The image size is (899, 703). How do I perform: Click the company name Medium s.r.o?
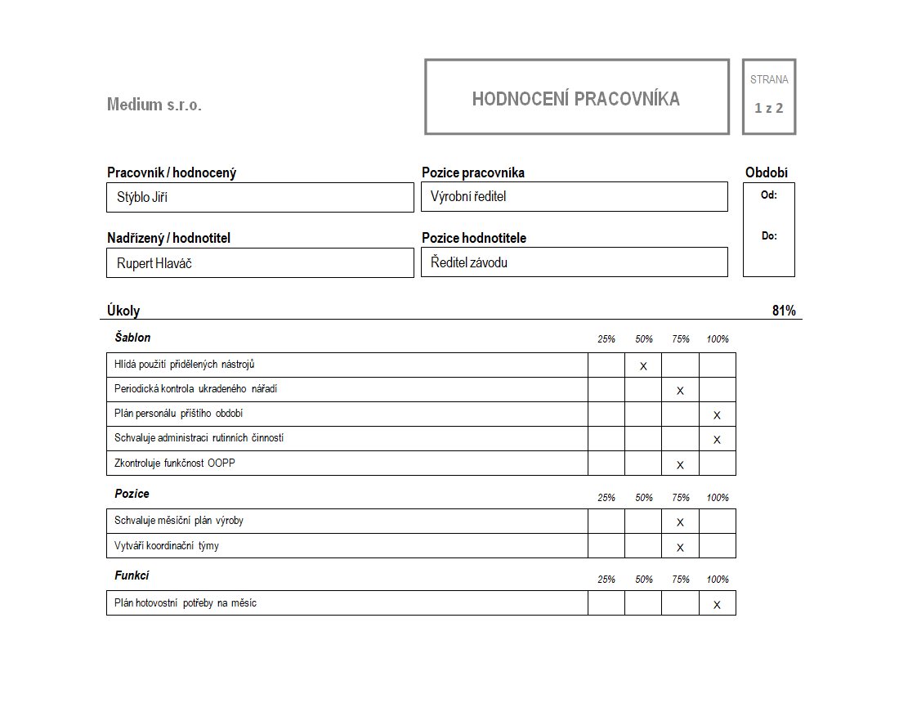pyautogui.click(x=154, y=105)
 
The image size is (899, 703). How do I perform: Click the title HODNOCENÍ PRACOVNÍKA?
pyautogui.click(x=575, y=99)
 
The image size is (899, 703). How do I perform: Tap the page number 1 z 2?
pyautogui.click(x=768, y=108)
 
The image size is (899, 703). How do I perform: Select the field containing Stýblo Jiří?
pyautogui.click(x=260, y=197)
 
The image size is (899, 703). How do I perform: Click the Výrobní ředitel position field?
pyautogui.click(x=574, y=197)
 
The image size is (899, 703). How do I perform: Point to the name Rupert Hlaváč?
pyautogui.click(x=154, y=263)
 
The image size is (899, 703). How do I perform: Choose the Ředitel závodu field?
pyautogui.click(x=574, y=262)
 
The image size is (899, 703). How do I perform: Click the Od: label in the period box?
pyautogui.click(x=768, y=195)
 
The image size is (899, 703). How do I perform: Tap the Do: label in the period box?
pyautogui.click(x=768, y=236)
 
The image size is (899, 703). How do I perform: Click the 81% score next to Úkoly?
pyautogui.click(x=783, y=311)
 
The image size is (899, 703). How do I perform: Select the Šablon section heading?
pyautogui.click(x=132, y=338)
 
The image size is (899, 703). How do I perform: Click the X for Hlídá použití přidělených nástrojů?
pyautogui.click(x=643, y=366)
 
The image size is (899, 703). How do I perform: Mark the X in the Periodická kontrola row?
pyautogui.click(x=680, y=391)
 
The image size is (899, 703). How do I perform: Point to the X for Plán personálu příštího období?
pyautogui.click(x=717, y=415)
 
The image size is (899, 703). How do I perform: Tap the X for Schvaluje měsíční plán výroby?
pyautogui.click(x=680, y=522)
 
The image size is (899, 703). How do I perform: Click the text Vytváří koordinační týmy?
pyautogui.click(x=167, y=546)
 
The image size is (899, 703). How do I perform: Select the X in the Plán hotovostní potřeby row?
pyautogui.click(x=717, y=605)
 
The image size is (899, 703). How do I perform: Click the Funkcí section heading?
pyautogui.click(x=132, y=576)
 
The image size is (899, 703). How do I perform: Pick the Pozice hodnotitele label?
pyautogui.click(x=474, y=238)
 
